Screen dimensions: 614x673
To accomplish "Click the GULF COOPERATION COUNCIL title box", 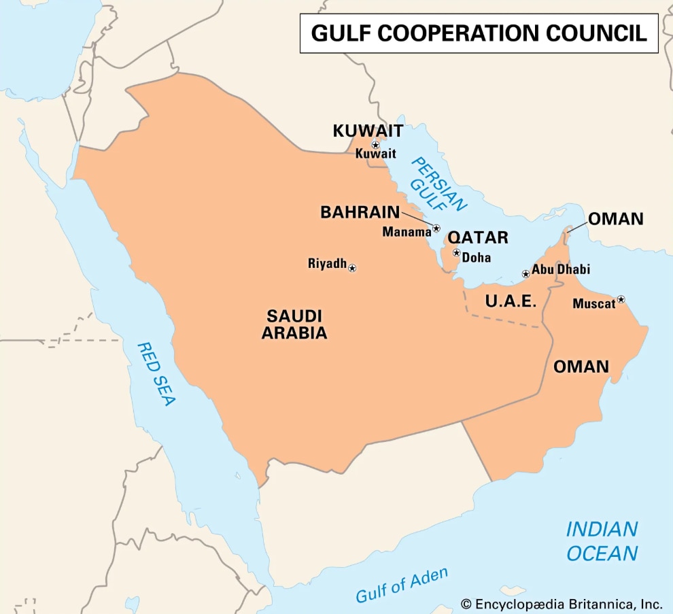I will pos(479,33).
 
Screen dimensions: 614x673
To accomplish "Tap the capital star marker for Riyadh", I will pos(352,269).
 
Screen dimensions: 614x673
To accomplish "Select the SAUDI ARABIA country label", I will pos(294,324).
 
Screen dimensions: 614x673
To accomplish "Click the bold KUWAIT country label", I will pos(368,131).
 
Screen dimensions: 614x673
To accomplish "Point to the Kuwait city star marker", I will pos(375,145).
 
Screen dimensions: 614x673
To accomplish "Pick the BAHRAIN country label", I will pos(360,212).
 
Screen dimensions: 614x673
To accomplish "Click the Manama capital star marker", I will pos(436,228).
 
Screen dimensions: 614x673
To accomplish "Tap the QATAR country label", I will pos(478,237).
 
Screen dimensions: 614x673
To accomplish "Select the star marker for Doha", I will pos(457,253).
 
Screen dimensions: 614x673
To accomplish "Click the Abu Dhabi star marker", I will pos(525,274).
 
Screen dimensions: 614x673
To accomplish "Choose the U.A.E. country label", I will pos(511,301).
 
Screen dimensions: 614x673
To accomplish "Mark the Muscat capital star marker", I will pos(621,299).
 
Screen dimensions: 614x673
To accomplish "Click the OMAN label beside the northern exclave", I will pos(615,219).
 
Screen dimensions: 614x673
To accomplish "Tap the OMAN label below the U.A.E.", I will pos(581,366).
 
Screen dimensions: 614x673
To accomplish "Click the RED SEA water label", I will pos(156,373).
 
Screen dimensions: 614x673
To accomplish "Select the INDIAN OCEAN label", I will pos(602,541).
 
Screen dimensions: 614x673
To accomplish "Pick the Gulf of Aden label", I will pos(402,585).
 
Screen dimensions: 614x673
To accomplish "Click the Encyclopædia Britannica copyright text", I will pos(561,603).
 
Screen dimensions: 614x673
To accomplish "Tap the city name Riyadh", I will pos(327,263).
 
